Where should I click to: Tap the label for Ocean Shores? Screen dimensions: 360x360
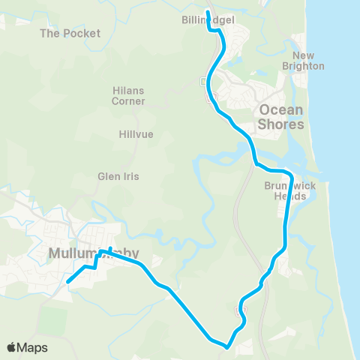coord(281,117)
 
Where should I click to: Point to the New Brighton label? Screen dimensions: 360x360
coord(308,61)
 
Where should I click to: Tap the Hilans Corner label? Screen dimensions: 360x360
coord(128,95)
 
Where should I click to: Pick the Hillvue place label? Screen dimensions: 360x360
coord(136,135)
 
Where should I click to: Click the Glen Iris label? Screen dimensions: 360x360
coord(115,178)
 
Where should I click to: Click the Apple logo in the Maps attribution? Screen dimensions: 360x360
coord(12,347)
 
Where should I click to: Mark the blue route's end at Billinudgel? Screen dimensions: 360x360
coord(208,12)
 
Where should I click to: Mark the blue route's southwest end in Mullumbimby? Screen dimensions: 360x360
coord(68,281)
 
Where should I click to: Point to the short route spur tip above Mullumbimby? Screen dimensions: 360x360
coord(110,248)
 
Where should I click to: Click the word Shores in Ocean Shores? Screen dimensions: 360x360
coord(281,124)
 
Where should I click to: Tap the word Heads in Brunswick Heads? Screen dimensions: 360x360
coord(290,196)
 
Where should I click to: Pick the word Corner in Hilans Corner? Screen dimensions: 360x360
coord(128,100)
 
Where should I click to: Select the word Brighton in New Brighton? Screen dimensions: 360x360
coord(308,66)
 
